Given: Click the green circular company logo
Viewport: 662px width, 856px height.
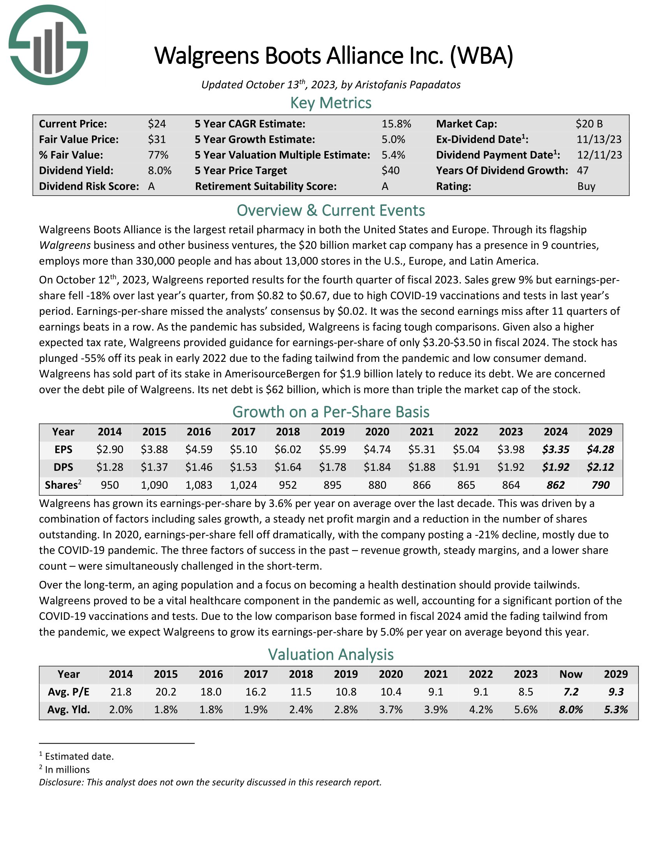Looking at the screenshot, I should pos(48,45).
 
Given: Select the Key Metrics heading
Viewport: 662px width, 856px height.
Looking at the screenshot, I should pos(331,103).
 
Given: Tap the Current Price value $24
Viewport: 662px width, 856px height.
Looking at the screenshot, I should pos(157,124).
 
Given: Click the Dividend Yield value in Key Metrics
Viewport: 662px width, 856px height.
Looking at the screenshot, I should pos(160,170).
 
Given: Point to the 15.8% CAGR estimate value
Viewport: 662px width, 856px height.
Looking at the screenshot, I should pos(396,124).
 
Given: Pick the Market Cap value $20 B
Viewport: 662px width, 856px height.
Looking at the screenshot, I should pos(589,124).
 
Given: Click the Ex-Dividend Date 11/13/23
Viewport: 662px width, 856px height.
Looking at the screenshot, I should pos(599,140).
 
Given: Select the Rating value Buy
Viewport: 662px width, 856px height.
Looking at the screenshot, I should pos(586,186).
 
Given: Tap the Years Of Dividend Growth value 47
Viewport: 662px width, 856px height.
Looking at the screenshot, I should pos(583,170).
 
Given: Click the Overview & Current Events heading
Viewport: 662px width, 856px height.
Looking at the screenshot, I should pos(331,210).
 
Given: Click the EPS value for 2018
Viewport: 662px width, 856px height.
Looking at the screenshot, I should pos(288,449).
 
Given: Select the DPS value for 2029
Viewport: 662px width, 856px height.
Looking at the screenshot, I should pos(600,467).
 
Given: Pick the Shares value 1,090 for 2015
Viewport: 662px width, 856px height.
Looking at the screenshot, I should pos(154,485).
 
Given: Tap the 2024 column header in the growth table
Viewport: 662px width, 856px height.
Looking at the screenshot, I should pos(555,432).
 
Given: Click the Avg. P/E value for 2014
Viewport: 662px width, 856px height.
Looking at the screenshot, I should pos(121,692).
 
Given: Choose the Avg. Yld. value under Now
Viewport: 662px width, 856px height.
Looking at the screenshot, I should pos(570,709).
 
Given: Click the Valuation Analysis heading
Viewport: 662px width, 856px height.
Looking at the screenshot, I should pos(331,654).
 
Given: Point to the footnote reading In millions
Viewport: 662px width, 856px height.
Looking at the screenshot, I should pos(67,769).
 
